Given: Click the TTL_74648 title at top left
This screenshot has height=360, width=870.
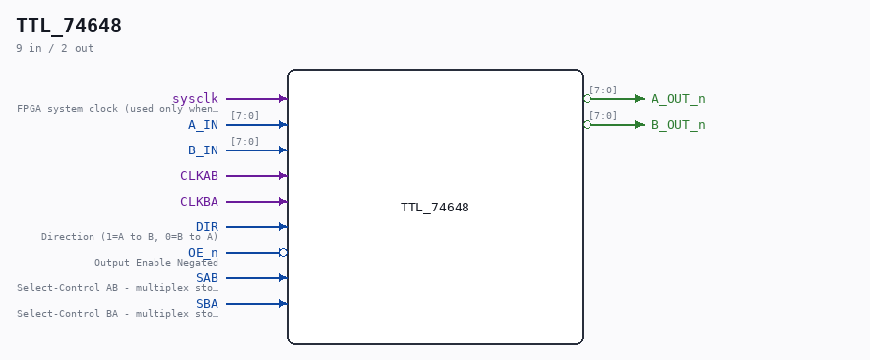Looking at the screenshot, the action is tap(69, 27).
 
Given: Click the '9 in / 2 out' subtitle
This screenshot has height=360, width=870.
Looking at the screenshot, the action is tap(55, 48).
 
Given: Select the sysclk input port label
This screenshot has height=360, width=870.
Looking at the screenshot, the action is tap(195, 99).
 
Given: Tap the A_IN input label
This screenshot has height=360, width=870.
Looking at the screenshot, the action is tap(203, 125).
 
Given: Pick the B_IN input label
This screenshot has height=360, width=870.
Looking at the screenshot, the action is tap(203, 150).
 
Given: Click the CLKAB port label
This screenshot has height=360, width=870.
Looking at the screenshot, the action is tap(199, 176).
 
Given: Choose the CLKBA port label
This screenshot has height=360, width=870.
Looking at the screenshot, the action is tap(199, 202).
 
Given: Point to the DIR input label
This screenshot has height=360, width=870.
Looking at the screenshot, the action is tap(207, 227).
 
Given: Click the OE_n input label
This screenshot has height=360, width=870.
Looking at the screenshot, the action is tap(203, 253).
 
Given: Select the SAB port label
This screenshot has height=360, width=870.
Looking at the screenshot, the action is tap(207, 278).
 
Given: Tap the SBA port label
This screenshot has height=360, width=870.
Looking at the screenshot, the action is tap(207, 303).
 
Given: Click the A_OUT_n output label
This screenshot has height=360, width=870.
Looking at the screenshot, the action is tap(678, 99).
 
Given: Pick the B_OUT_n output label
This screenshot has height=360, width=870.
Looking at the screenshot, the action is tap(678, 125).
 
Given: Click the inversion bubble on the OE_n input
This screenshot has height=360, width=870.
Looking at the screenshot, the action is tap(283, 253).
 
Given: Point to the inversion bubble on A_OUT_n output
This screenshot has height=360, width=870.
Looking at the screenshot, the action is tap(587, 98).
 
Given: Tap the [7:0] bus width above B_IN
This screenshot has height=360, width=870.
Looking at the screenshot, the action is tap(245, 142).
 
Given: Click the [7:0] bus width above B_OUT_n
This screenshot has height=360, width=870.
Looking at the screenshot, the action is tap(603, 116).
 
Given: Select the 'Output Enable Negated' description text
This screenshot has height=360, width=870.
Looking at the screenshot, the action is tap(156, 263).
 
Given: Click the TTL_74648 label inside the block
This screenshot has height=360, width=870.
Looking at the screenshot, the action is tap(435, 208).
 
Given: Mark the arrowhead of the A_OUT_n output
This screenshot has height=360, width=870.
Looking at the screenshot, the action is tap(640, 98).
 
